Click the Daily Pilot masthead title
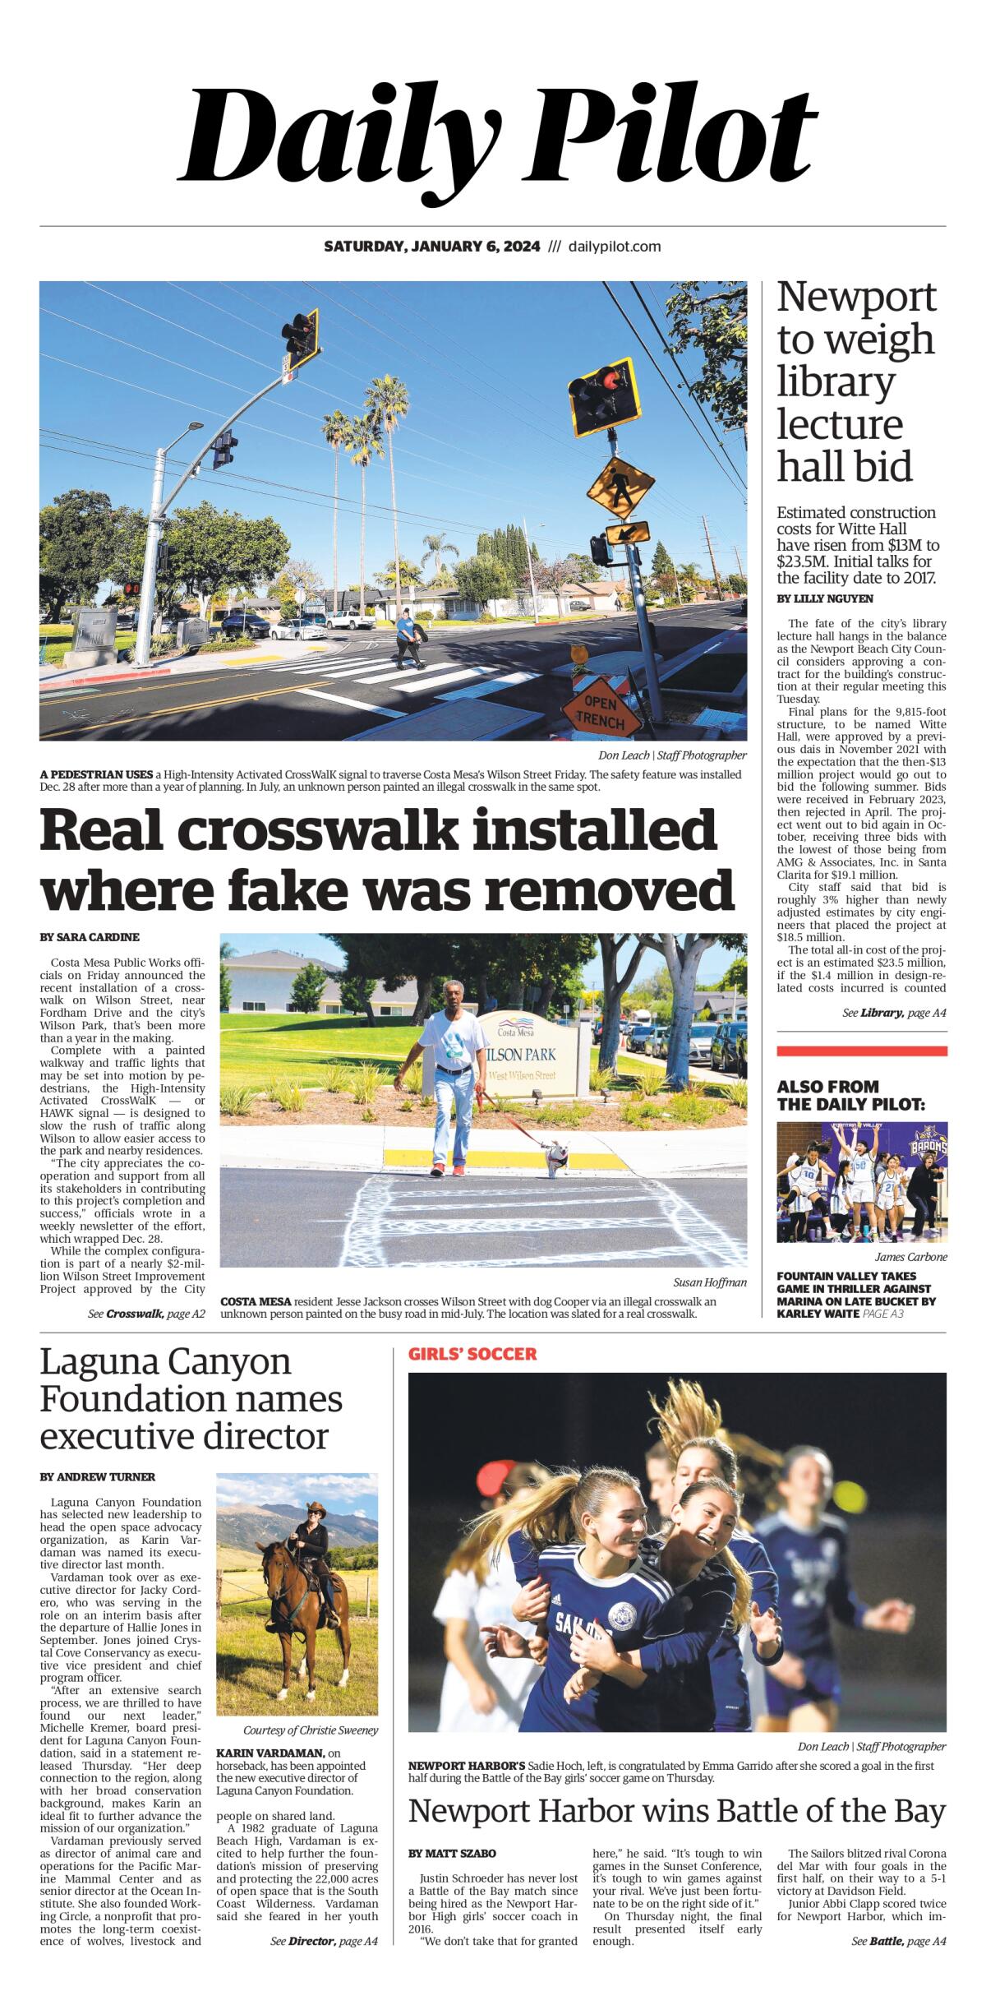[x=498, y=136]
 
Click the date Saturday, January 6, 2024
[x=431, y=247]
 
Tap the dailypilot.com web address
[x=615, y=247]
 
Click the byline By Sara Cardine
[x=90, y=937]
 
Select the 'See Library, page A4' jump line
[x=894, y=1013]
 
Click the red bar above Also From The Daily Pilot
[x=861, y=1051]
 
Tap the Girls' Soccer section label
[x=472, y=1354]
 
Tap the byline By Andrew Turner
[x=98, y=1476]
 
